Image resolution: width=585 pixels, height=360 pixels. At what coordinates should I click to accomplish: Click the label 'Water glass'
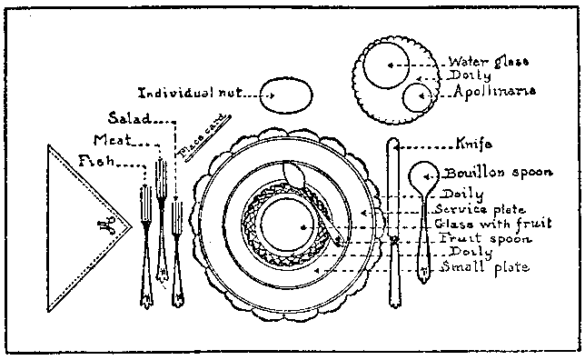pyautogui.click(x=489, y=62)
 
